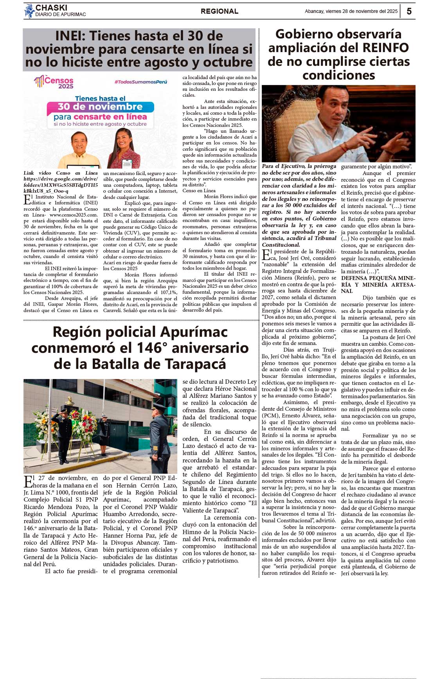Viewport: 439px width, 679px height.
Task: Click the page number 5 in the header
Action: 409,11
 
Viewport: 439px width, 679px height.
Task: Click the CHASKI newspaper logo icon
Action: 29,11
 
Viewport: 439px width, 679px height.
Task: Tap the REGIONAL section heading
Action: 219,11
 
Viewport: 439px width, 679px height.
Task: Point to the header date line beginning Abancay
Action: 351,11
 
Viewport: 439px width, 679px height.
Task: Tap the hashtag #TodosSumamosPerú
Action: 140,82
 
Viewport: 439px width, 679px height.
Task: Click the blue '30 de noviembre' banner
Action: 100,107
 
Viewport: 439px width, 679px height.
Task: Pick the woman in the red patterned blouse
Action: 124,149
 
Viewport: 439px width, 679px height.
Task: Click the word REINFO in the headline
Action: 385,48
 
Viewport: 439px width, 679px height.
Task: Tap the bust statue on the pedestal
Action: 70,402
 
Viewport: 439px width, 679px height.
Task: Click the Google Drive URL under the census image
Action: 61,185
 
